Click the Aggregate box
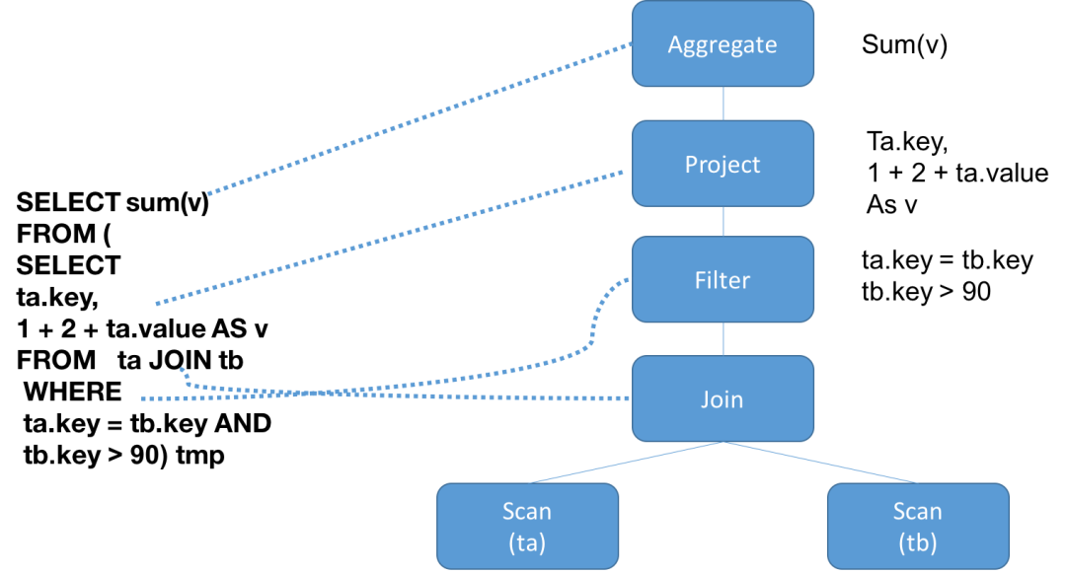(723, 43)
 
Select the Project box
(723, 163)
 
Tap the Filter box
(723, 279)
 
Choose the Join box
(723, 398)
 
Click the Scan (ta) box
(527, 526)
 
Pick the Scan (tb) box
(917, 526)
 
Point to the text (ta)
(527, 542)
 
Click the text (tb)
(917, 542)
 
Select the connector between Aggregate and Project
(723, 103)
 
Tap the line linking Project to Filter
(723, 221)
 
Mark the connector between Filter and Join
(723, 338)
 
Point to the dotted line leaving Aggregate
(419, 118)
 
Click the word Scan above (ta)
(527, 511)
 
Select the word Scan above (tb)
(917, 511)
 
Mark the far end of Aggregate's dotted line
(209, 193)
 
